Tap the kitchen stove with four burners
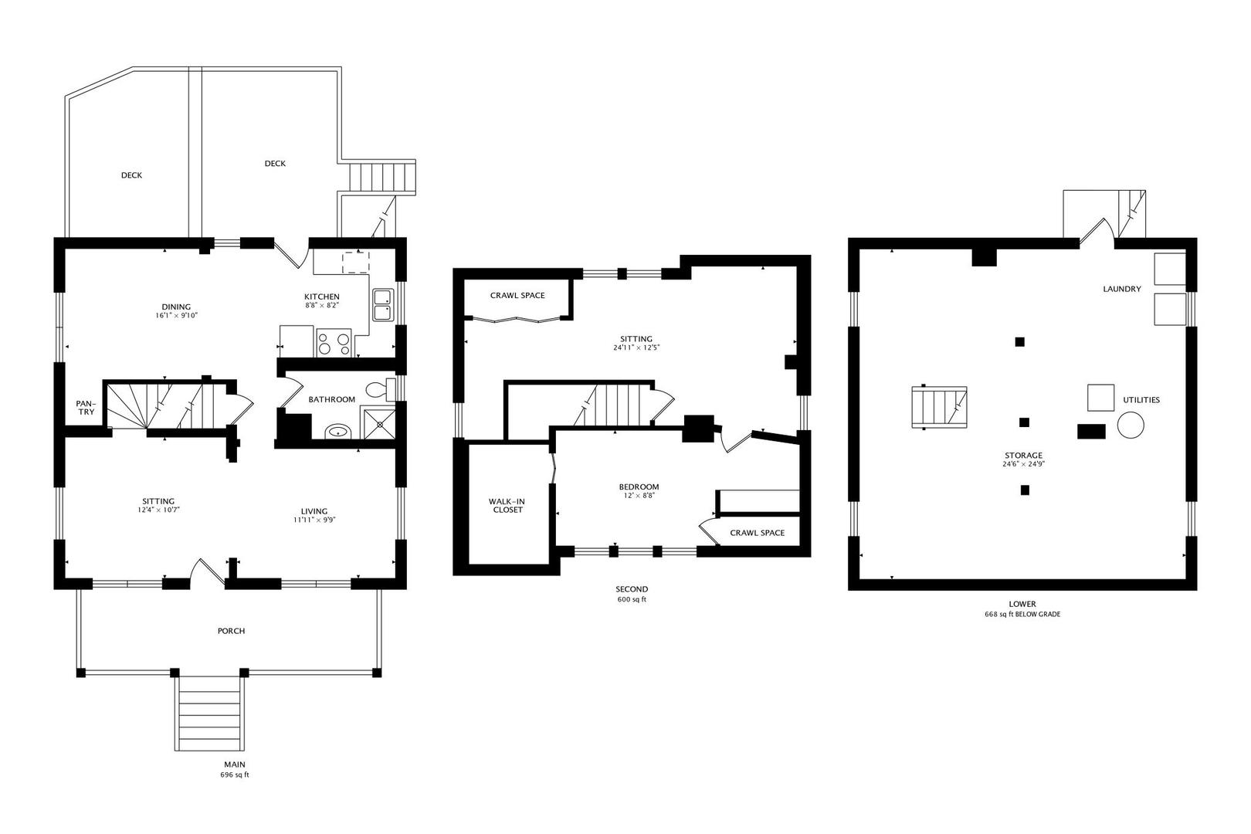point(334,343)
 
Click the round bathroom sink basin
point(337,431)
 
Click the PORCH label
point(231,631)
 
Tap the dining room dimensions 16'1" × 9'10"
point(176,316)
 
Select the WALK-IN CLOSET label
point(507,506)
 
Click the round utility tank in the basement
point(1131,425)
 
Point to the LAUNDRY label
point(1121,289)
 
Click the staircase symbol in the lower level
point(939,407)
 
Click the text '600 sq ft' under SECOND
point(632,600)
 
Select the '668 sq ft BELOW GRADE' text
point(1022,615)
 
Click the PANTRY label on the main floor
point(86,408)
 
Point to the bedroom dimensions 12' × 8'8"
point(639,496)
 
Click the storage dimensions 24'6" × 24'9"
point(1023,465)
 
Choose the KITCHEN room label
point(321,297)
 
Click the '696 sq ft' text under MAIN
point(235,775)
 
